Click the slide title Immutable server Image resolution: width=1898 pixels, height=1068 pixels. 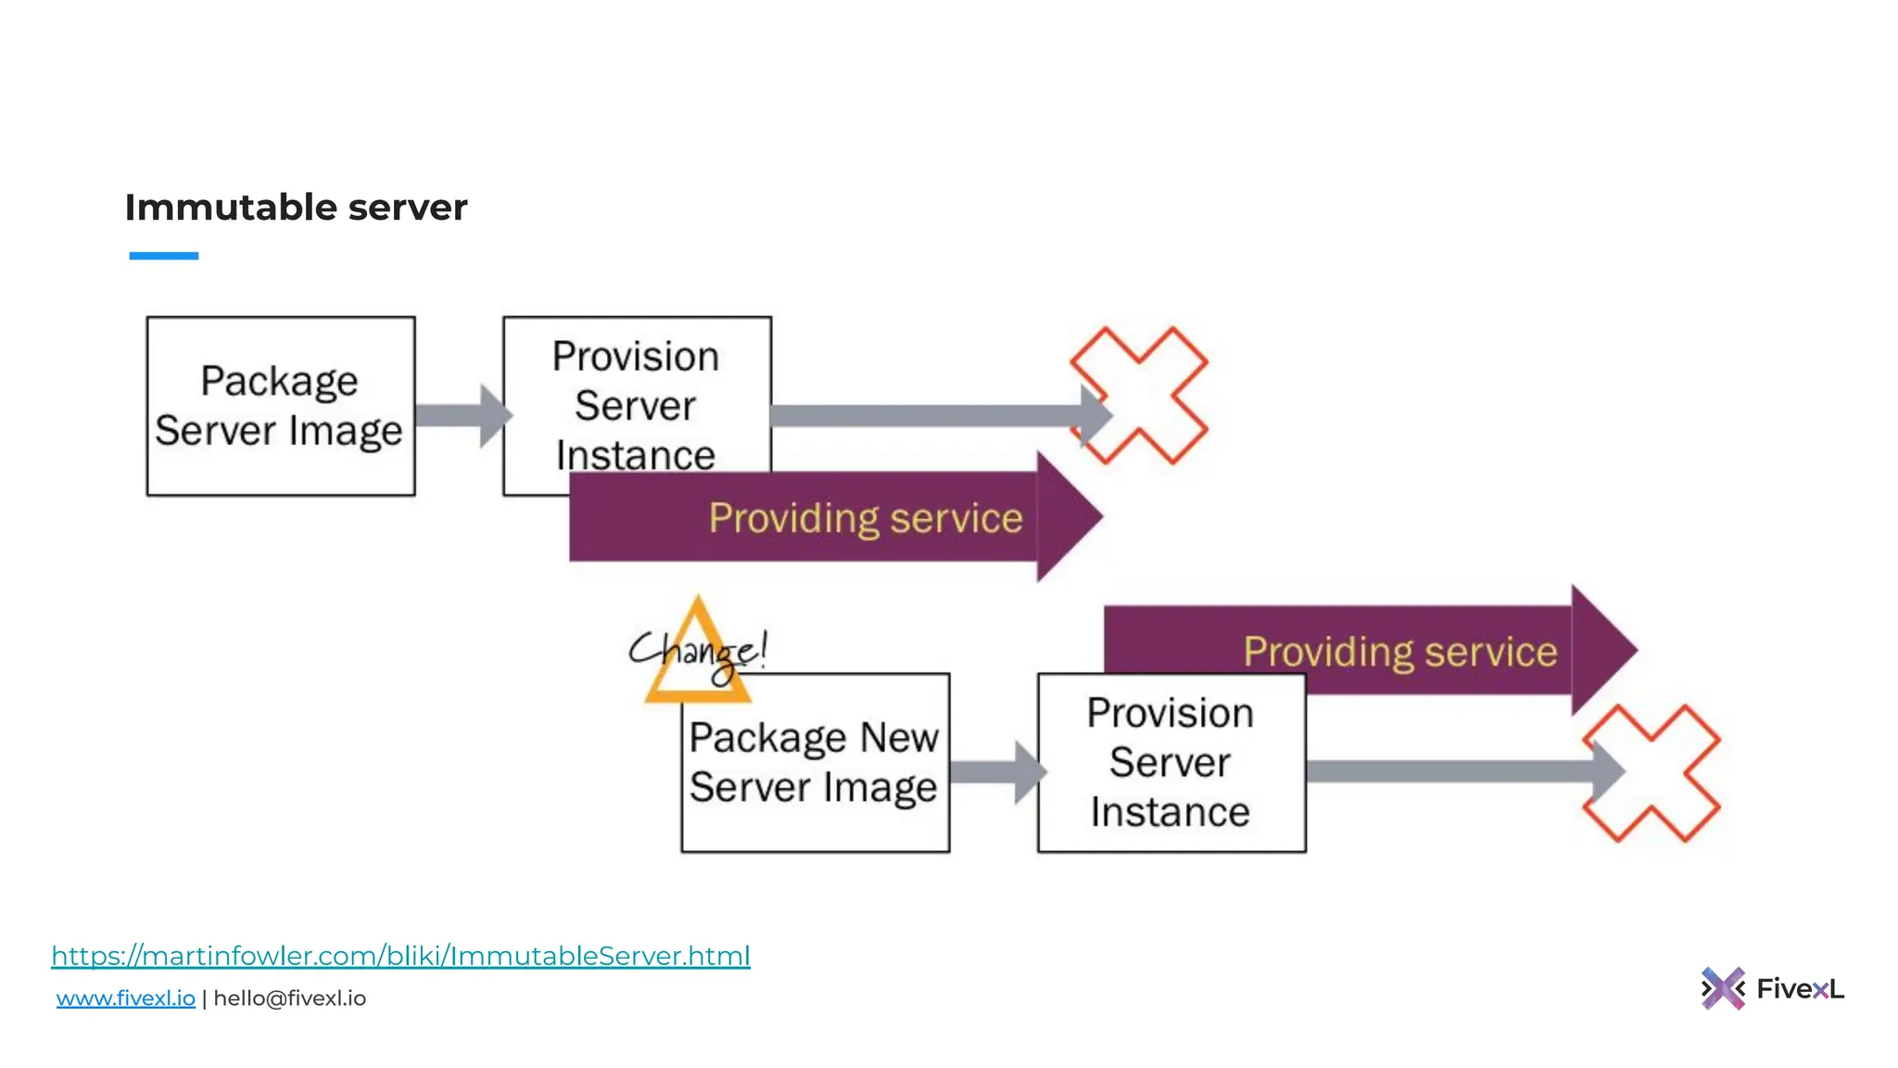coord(296,207)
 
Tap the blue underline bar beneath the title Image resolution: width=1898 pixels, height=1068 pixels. coord(163,255)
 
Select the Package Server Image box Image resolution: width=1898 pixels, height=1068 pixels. coord(280,406)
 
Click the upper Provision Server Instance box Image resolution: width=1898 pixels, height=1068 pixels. coord(637,389)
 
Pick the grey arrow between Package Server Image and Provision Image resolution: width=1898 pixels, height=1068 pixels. coord(461,415)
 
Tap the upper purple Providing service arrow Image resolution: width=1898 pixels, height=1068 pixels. coord(834,517)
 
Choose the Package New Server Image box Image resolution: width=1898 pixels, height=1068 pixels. coord(815,762)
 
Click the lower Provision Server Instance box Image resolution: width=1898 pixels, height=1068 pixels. coord(1170,762)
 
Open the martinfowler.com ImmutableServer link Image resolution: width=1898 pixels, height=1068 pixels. coord(400,956)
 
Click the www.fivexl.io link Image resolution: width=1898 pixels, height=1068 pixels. coord(125,998)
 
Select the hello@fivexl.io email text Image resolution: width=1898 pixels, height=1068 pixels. coord(289,998)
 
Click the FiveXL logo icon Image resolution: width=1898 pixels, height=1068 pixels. coord(1722,988)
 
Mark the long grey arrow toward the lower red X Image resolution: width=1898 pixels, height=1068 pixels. coord(1455,771)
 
